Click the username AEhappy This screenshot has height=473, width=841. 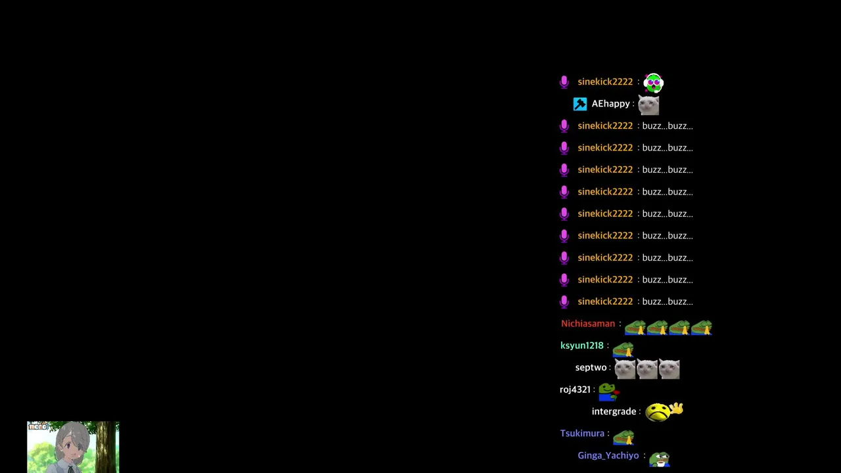(610, 104)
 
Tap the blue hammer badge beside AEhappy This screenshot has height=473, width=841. (580, 104)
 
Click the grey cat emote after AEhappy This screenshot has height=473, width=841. (648, 105)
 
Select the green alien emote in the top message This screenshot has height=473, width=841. (653, 83)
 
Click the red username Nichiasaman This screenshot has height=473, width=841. (588, 324)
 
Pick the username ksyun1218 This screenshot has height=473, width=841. (581, 346)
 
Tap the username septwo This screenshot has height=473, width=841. (591, 367)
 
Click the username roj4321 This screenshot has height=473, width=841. (575, 390)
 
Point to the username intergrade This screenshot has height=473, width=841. (614, 411)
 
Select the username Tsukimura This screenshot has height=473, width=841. (582, 433)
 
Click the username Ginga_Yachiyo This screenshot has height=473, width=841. (608, 455)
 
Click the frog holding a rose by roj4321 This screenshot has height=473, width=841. (608, 392)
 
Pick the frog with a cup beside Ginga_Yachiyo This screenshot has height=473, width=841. (659, 459)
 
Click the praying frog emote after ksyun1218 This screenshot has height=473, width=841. (623, 349)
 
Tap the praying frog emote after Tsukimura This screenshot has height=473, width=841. (624, 438)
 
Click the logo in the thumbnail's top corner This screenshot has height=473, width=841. (38, 426)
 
